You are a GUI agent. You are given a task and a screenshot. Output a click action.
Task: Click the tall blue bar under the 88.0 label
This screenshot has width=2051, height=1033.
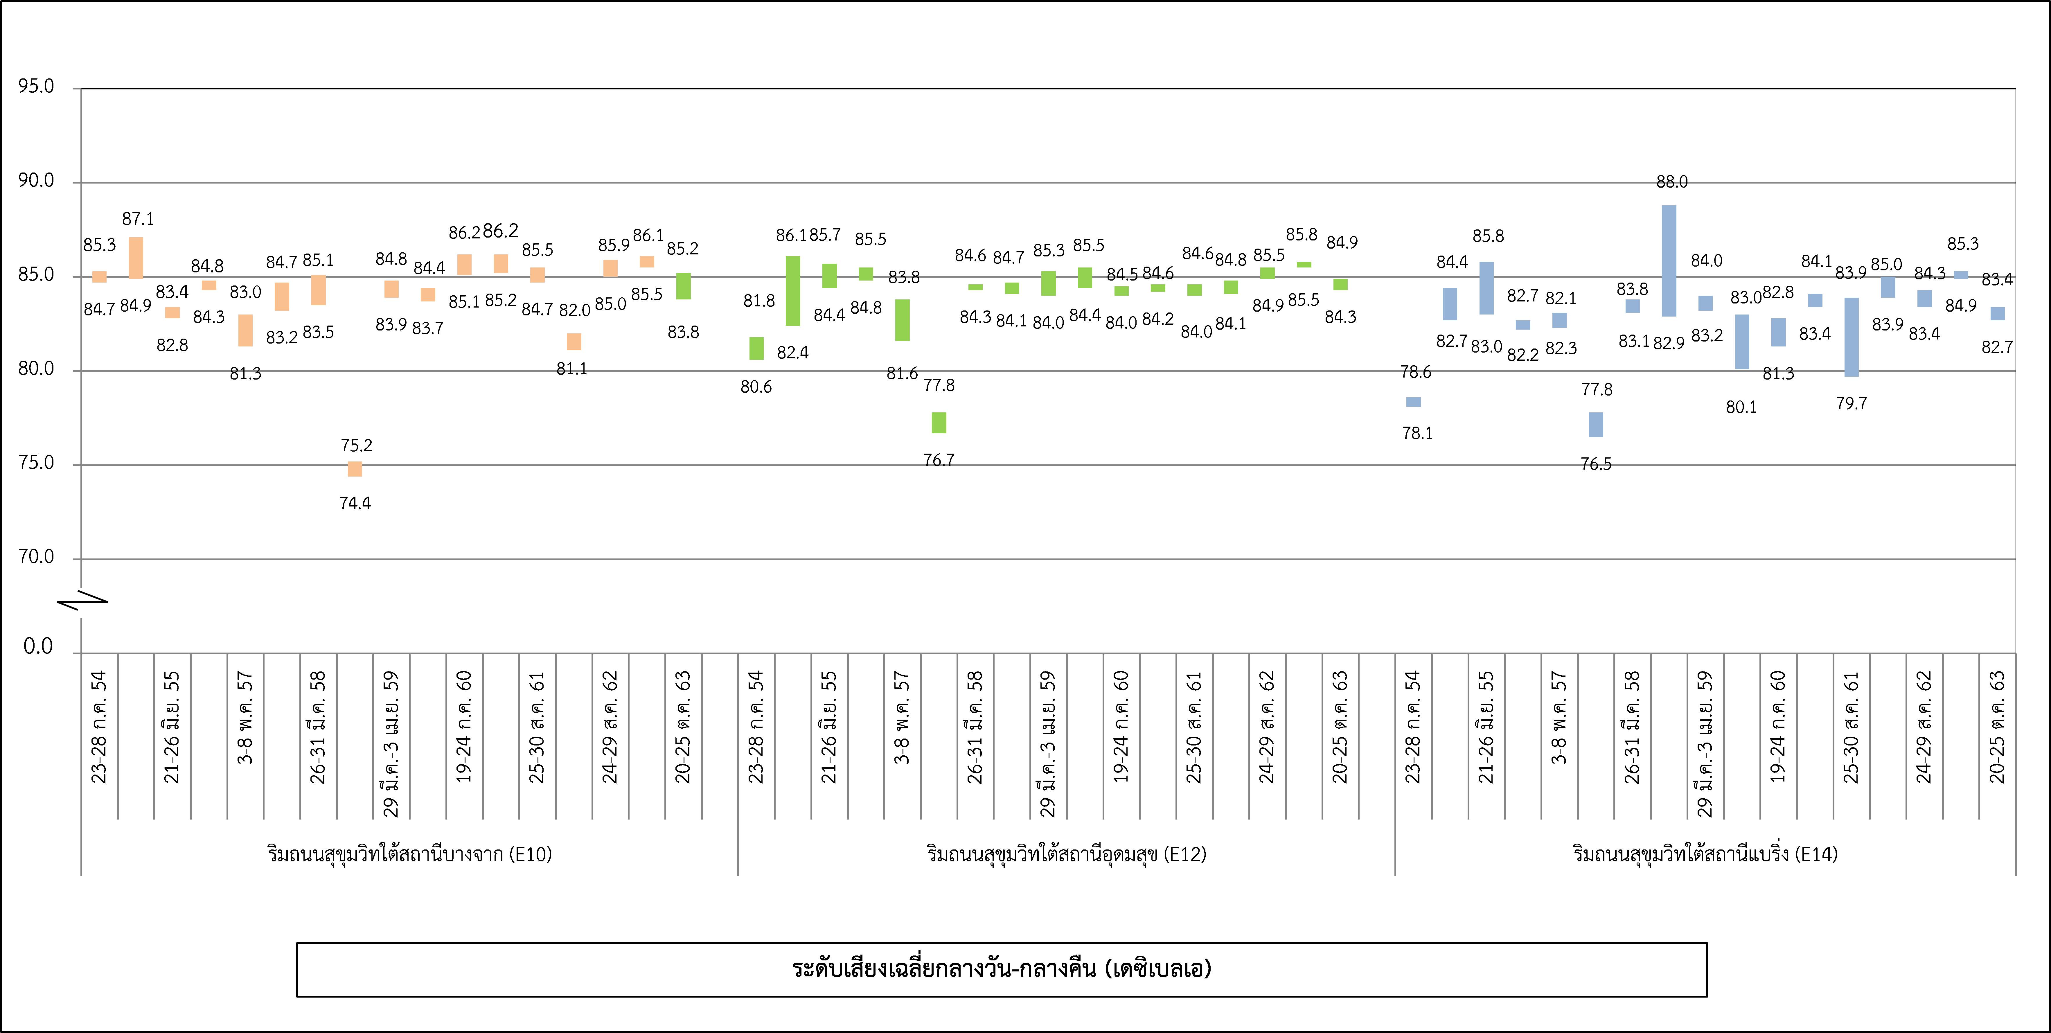point(1669,261)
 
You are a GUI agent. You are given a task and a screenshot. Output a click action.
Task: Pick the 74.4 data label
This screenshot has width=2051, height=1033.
point(355,503)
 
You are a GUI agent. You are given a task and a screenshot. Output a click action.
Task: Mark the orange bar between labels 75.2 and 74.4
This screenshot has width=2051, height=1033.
point(355,469)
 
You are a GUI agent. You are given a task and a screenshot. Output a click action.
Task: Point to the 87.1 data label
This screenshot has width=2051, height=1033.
point(138,218)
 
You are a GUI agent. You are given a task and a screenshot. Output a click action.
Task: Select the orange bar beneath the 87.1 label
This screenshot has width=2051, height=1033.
point(136,257)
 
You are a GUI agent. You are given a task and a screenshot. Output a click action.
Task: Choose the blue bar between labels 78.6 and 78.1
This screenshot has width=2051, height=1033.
point(1413,402)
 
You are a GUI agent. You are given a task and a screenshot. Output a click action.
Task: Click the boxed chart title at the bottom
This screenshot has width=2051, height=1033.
point(1002,969)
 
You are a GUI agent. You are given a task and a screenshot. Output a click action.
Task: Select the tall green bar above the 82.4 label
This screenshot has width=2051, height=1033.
point(793,291)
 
